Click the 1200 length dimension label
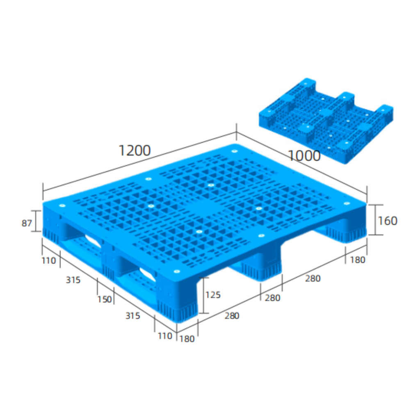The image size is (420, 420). click(135, 151)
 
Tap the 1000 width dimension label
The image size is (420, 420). click(304, 156)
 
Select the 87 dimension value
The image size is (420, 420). click(27, 224)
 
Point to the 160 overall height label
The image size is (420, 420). click(387, 221)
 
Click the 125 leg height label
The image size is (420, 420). click(213, 294)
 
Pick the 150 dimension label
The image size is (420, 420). click(105, 299)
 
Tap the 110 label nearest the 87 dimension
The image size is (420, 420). click(49, 260)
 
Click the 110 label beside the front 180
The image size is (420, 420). click(165, 336)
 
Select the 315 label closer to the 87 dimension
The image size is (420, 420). click(73, 280)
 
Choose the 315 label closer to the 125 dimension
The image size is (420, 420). click(132, 316)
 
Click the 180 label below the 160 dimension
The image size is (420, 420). click(358, 260)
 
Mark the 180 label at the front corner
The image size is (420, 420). click(187, 339)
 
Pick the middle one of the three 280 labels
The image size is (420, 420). click(272, 298)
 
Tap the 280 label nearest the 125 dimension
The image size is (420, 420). click(232, 316)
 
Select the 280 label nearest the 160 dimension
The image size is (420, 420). click(313, 278)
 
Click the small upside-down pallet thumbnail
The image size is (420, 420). click(326, 121)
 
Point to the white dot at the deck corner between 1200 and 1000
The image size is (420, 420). click(234, 151)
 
